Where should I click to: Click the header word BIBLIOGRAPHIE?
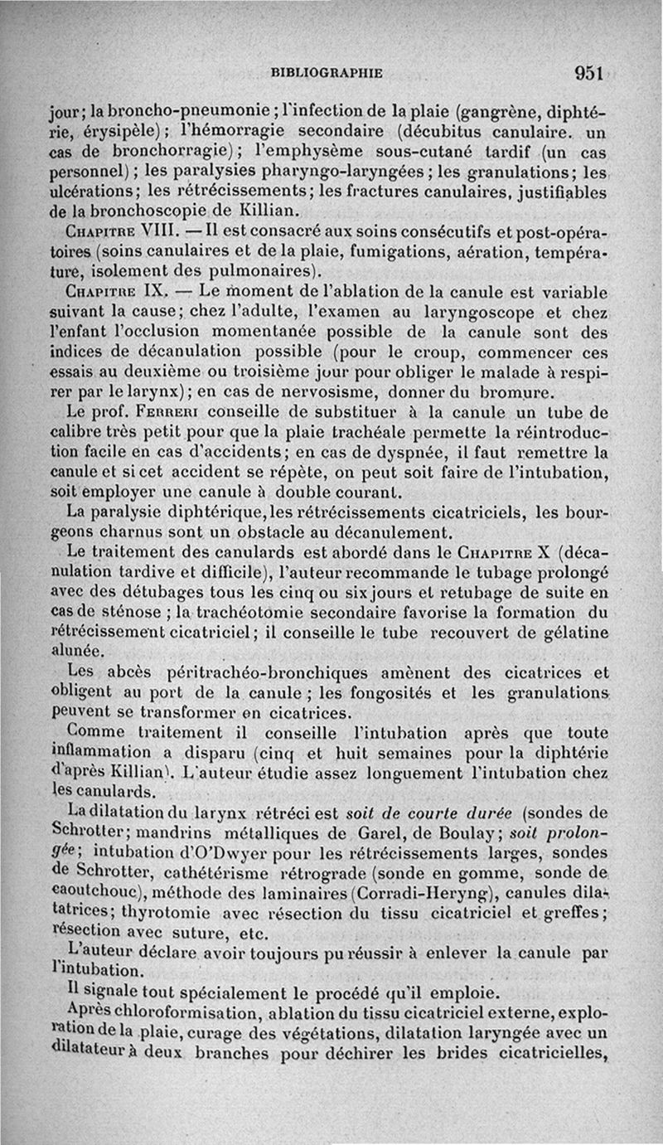point(327,73)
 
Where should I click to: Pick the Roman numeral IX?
point(157,291)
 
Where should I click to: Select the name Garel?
point(380,832)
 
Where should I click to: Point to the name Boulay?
point(461,832)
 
